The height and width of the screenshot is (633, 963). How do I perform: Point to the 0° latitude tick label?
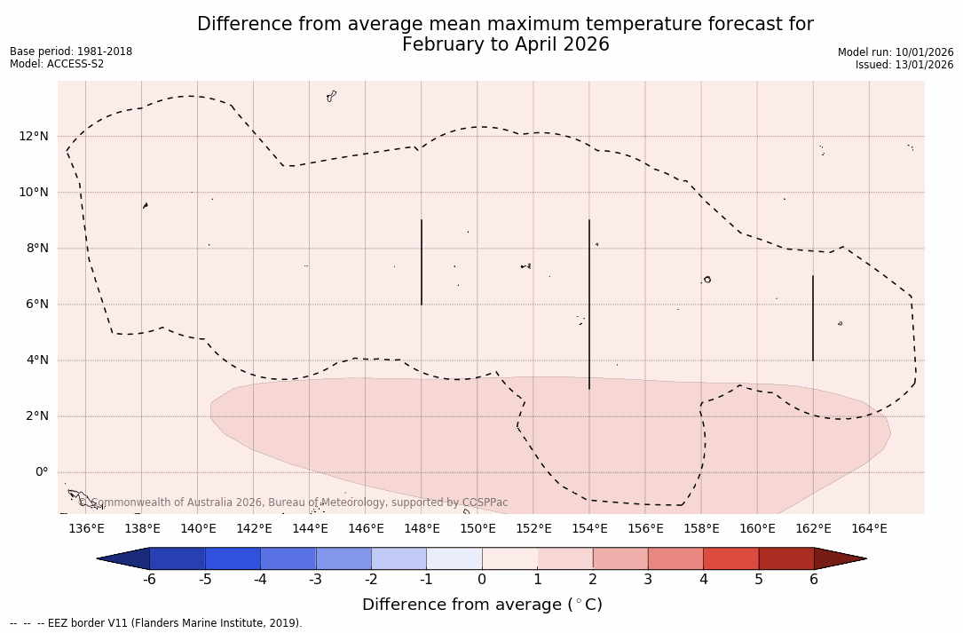click(41, 472)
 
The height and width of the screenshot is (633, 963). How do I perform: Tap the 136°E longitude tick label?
click(86, 529)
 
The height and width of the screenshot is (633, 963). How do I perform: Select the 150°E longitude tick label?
click(478, 529)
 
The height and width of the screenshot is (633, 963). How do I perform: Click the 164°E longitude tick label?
click(869, 529)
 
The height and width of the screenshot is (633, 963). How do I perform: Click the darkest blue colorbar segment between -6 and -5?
click(178, 558)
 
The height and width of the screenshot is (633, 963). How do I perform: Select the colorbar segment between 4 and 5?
click(730, 558)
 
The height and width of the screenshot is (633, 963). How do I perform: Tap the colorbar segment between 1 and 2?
click(564, 558)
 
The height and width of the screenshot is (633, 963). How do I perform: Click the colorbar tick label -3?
click(314, 580)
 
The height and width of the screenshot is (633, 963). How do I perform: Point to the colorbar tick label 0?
click(482, 580)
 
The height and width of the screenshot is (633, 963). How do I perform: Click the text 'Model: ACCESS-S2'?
click(57, 64)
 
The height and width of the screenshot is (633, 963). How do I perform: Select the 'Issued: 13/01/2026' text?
click(904, 65)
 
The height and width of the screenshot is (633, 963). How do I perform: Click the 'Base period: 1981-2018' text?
click(71, 51)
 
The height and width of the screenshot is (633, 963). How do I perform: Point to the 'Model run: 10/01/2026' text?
click(896, 52)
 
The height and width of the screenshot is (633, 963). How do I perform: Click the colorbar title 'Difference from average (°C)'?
click(482, 605)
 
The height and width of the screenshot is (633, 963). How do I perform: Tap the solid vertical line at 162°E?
click(813, 318)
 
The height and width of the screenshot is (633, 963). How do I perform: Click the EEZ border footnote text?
click(156, 623)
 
